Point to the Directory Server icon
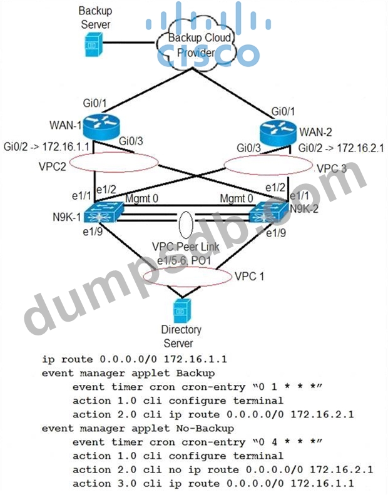pos(181,310)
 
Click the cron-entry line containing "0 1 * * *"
pos(197,387)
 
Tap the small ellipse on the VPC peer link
pos(185,222)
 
